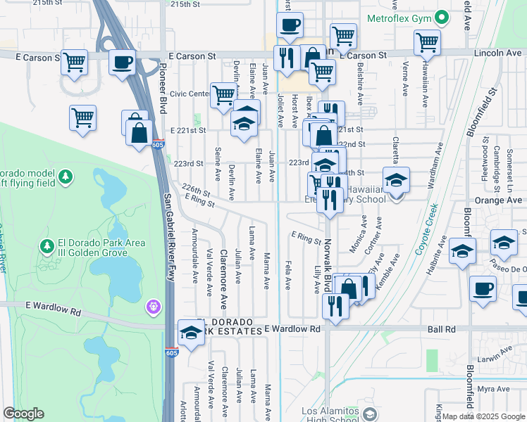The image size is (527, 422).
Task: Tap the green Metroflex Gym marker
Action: [442, 16]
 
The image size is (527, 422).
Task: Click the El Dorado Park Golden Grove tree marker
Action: [47, 247]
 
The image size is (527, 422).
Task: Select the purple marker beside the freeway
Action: [154, 307]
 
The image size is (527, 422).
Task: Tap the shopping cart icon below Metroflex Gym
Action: [427, 42]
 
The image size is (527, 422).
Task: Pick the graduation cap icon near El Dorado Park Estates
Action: [191, 332]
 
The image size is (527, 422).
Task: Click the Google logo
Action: [23, 414]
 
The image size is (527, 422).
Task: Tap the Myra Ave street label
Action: [493, 389]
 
